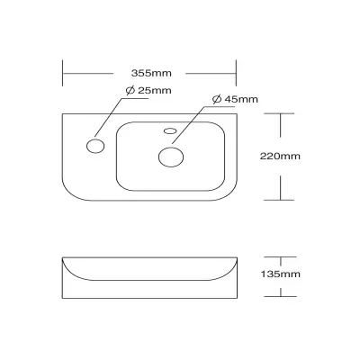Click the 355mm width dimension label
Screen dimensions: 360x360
point(151,73)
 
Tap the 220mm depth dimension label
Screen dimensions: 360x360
point(280,157)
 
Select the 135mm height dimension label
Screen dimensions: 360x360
point(280,274)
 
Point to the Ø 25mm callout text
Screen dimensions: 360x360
point(148,90)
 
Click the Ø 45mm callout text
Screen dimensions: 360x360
point(235,99)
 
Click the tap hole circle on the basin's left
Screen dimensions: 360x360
point(95,146)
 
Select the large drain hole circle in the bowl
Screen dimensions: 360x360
point(171,157)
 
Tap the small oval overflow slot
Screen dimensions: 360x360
point(170,130)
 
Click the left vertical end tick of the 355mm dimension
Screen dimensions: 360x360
point(62,73)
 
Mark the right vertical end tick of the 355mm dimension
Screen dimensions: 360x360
point(236,73)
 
